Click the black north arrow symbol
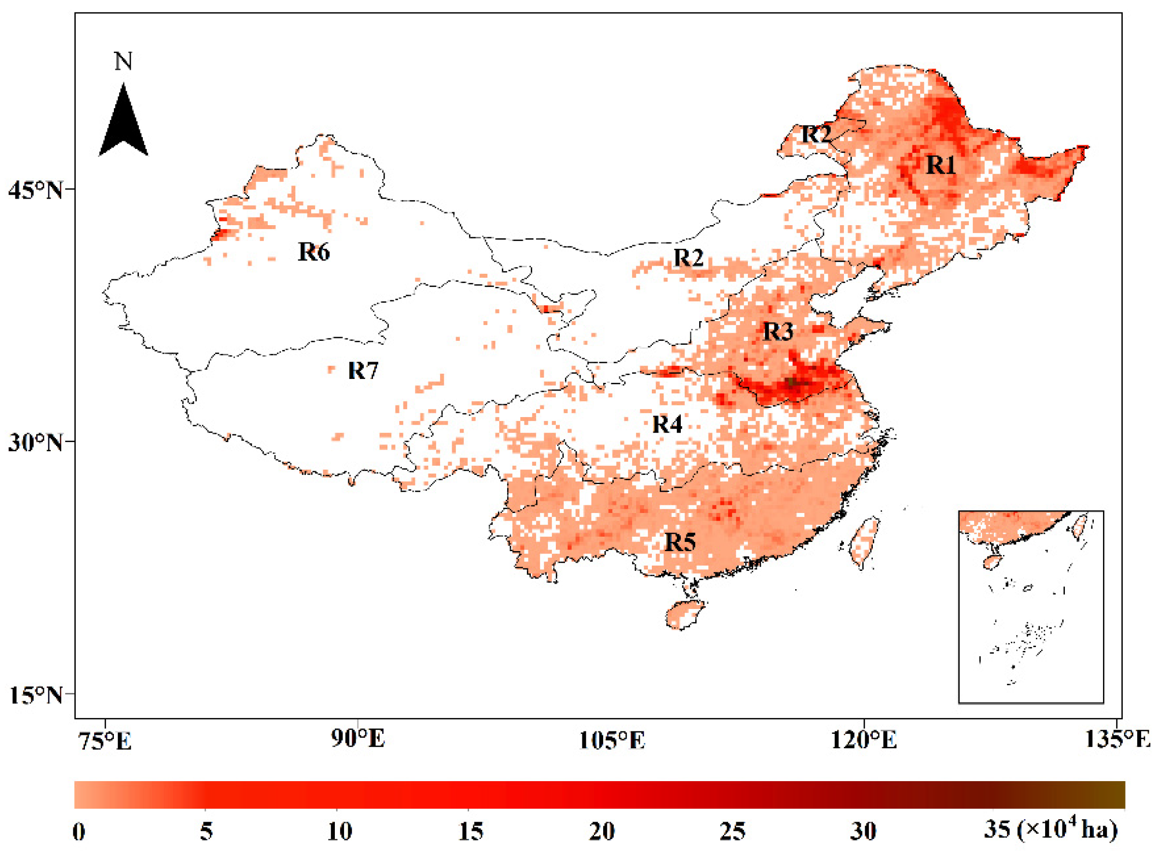(x=123, y=123)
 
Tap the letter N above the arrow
(x=123, y=61)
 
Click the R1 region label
(x=940, y=165)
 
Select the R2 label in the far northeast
(x=816, y=134)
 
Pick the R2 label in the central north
(x=688, y=257)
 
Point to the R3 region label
(x=777, y=332)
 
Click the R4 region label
(x=667, y=424)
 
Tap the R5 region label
(x=680, y=542)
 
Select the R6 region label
(x=313, y=252)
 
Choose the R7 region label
(x=363, y=370)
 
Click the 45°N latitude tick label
(x=35, y=190)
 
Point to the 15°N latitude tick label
(x=35, y=695)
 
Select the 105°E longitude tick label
(x=611, y=740)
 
